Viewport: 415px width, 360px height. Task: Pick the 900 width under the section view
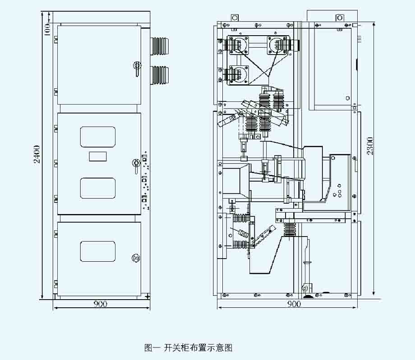(x=294, y=304)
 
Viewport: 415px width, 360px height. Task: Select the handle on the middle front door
(x=135, y=164)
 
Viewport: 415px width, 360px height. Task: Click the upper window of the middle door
(x=98, y=137)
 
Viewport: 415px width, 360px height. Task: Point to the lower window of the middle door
(x=98, y=188)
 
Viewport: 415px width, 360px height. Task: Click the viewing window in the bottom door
(x=98, y=251)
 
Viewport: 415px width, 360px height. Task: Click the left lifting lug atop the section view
(x=235, y=18)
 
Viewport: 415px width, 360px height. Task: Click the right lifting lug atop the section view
(x=339, y=18)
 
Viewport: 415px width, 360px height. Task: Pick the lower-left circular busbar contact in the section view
(x=238, y=73)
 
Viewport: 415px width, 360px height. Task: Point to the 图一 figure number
(x=152, y=348)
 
